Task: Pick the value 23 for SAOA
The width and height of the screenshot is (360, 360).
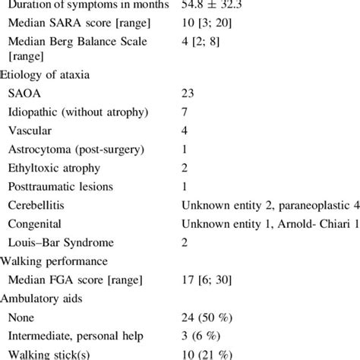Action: [x=188, y=94]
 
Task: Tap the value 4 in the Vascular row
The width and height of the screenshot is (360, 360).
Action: [x=185, y=131]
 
